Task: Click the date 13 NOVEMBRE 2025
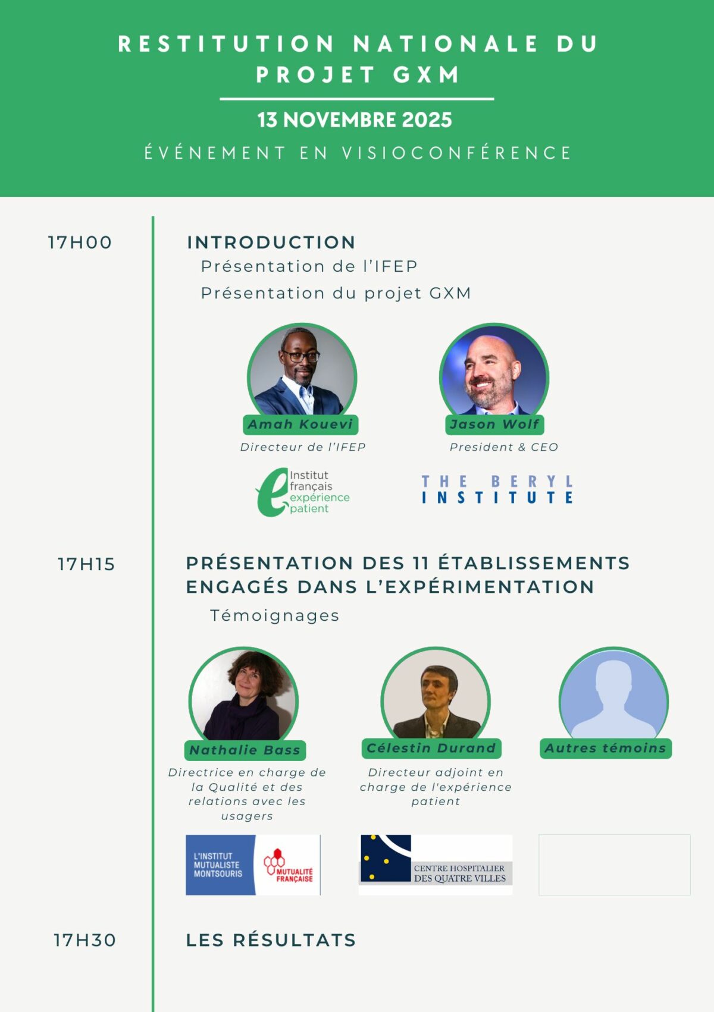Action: pos(355,120)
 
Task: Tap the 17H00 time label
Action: pos(80,243)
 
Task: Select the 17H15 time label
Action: pos(86,564)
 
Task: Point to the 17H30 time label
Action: pos(85,940)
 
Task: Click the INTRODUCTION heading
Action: pos(271,242)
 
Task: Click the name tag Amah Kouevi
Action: pos(300,425)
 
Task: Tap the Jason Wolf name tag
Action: pos(494,425)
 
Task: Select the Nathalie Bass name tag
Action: pos(245,750)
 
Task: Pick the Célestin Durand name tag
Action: pos(431,748)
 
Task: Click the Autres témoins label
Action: pos(606,748)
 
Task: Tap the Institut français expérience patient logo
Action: pos(302,492)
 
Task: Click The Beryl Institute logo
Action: pos(497,489)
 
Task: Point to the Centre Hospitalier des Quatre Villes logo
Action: pos(436,865)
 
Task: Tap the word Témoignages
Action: pos(274,616)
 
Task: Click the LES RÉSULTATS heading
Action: pos(271,940)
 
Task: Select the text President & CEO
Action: pos(504,447)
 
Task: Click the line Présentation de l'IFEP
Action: pos(309,266)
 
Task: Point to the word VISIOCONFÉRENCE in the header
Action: pos(457,153)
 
